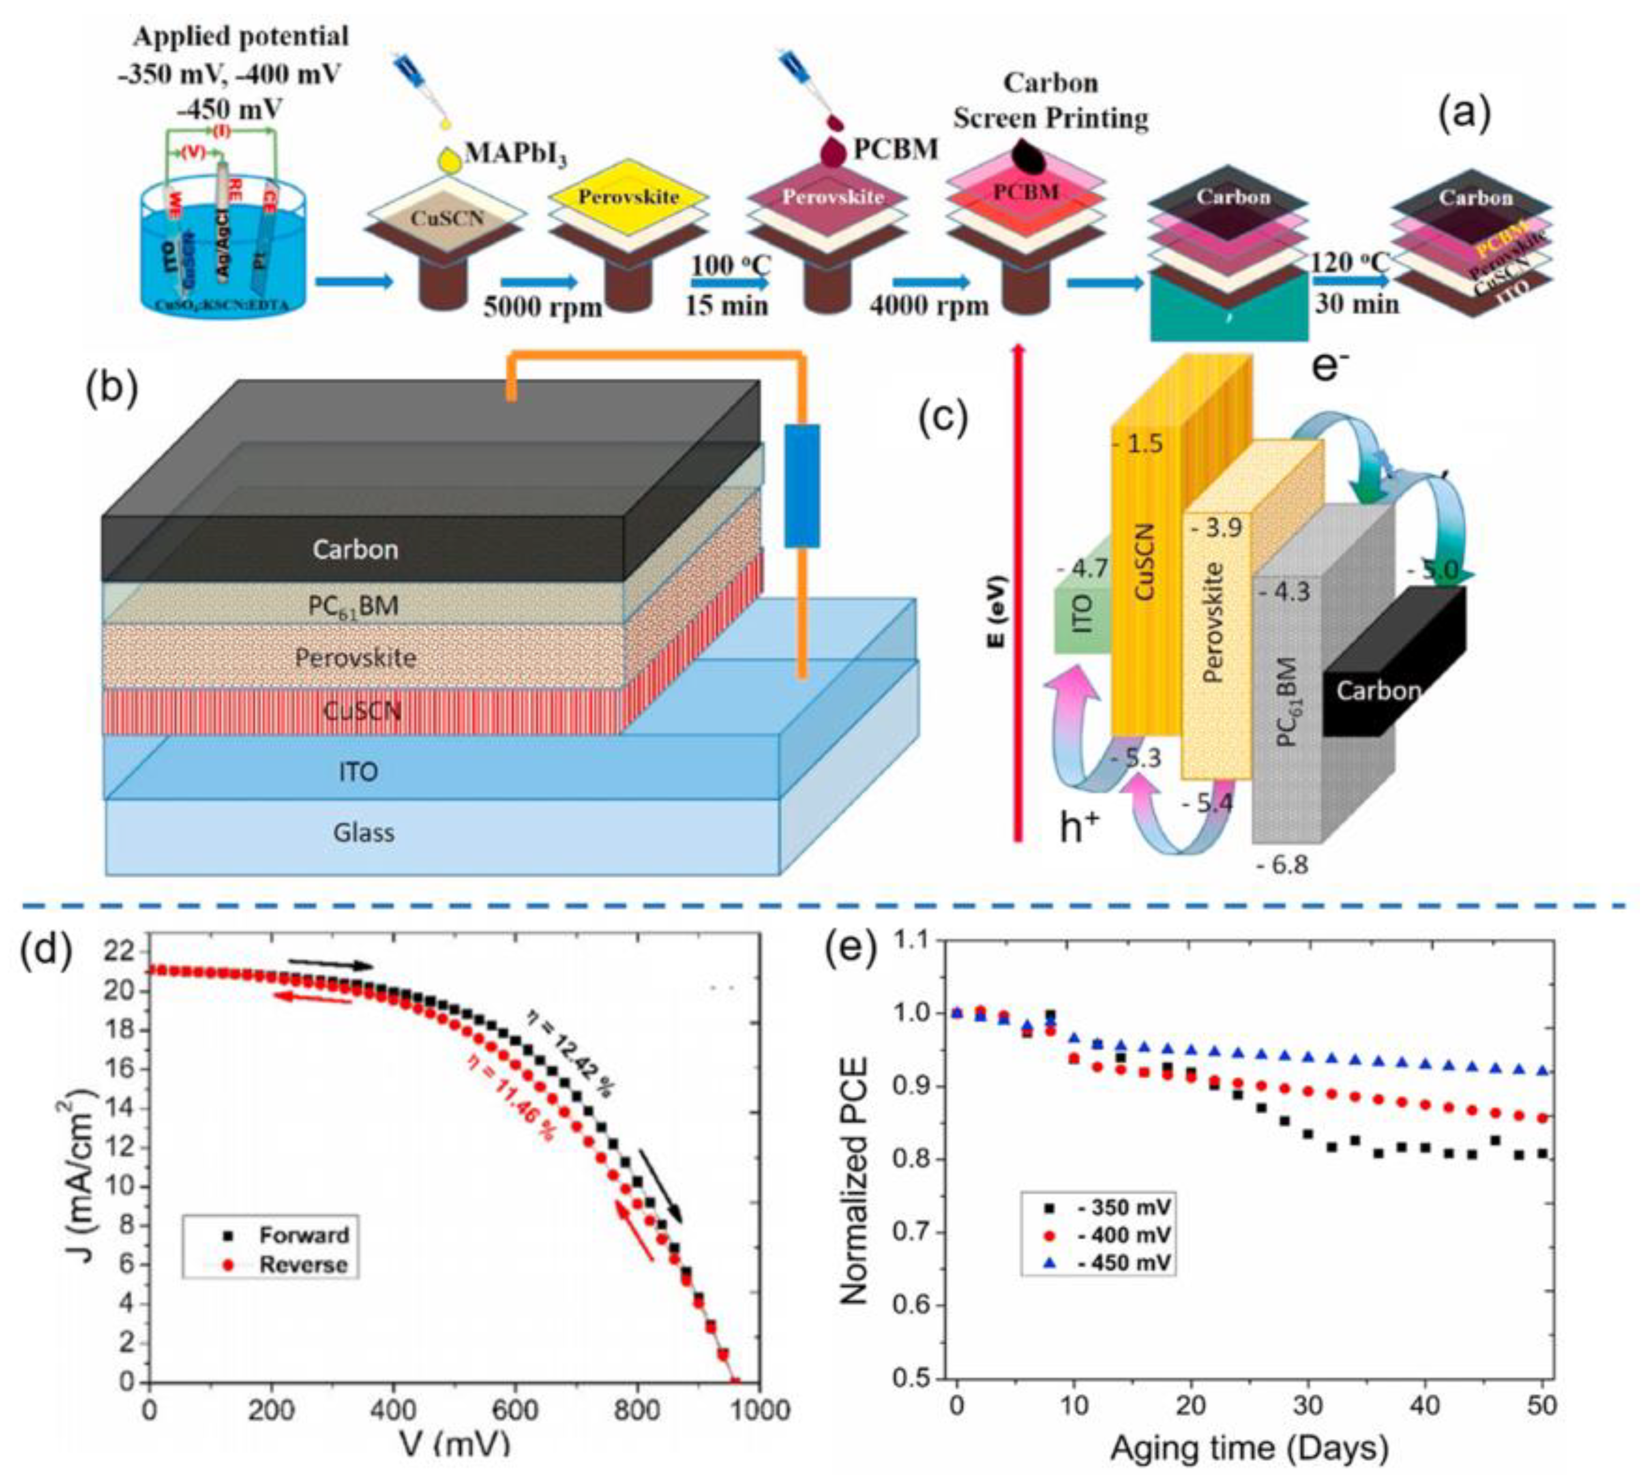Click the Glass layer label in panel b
(x=363, y=832)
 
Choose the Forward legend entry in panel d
(x=303, y=1235)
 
